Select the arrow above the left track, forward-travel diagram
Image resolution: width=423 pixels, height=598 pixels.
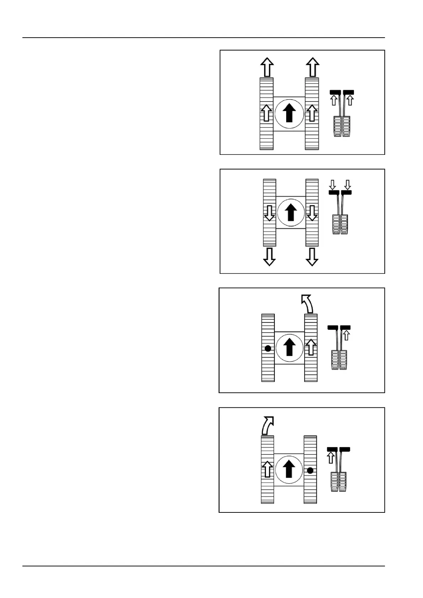click(x=267, y=67)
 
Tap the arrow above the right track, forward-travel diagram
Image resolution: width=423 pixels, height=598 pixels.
click(x=312, y=67)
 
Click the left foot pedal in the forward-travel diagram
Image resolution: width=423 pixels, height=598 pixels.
click(x=337, y=126)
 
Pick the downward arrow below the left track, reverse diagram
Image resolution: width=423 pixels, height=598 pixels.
click(x=269, y=257)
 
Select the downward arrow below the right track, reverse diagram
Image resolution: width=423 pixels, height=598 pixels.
click(x=312, y=257)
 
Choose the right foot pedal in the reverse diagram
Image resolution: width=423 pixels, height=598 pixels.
click(x=344, y=224)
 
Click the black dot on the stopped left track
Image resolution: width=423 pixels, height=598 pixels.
click(x=268, y=348)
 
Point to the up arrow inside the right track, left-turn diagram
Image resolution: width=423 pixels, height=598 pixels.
click(x=311, y=347)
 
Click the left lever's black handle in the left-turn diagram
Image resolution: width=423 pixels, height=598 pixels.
click(x=333, y=327)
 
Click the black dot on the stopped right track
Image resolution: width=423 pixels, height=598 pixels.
click(x=310, y=471)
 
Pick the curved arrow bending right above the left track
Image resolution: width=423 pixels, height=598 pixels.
click(x=267, y=425)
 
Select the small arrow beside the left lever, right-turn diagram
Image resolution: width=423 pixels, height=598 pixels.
click(x=331, y=457)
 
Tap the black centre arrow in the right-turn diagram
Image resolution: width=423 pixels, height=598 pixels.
click(x=289, y=469)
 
